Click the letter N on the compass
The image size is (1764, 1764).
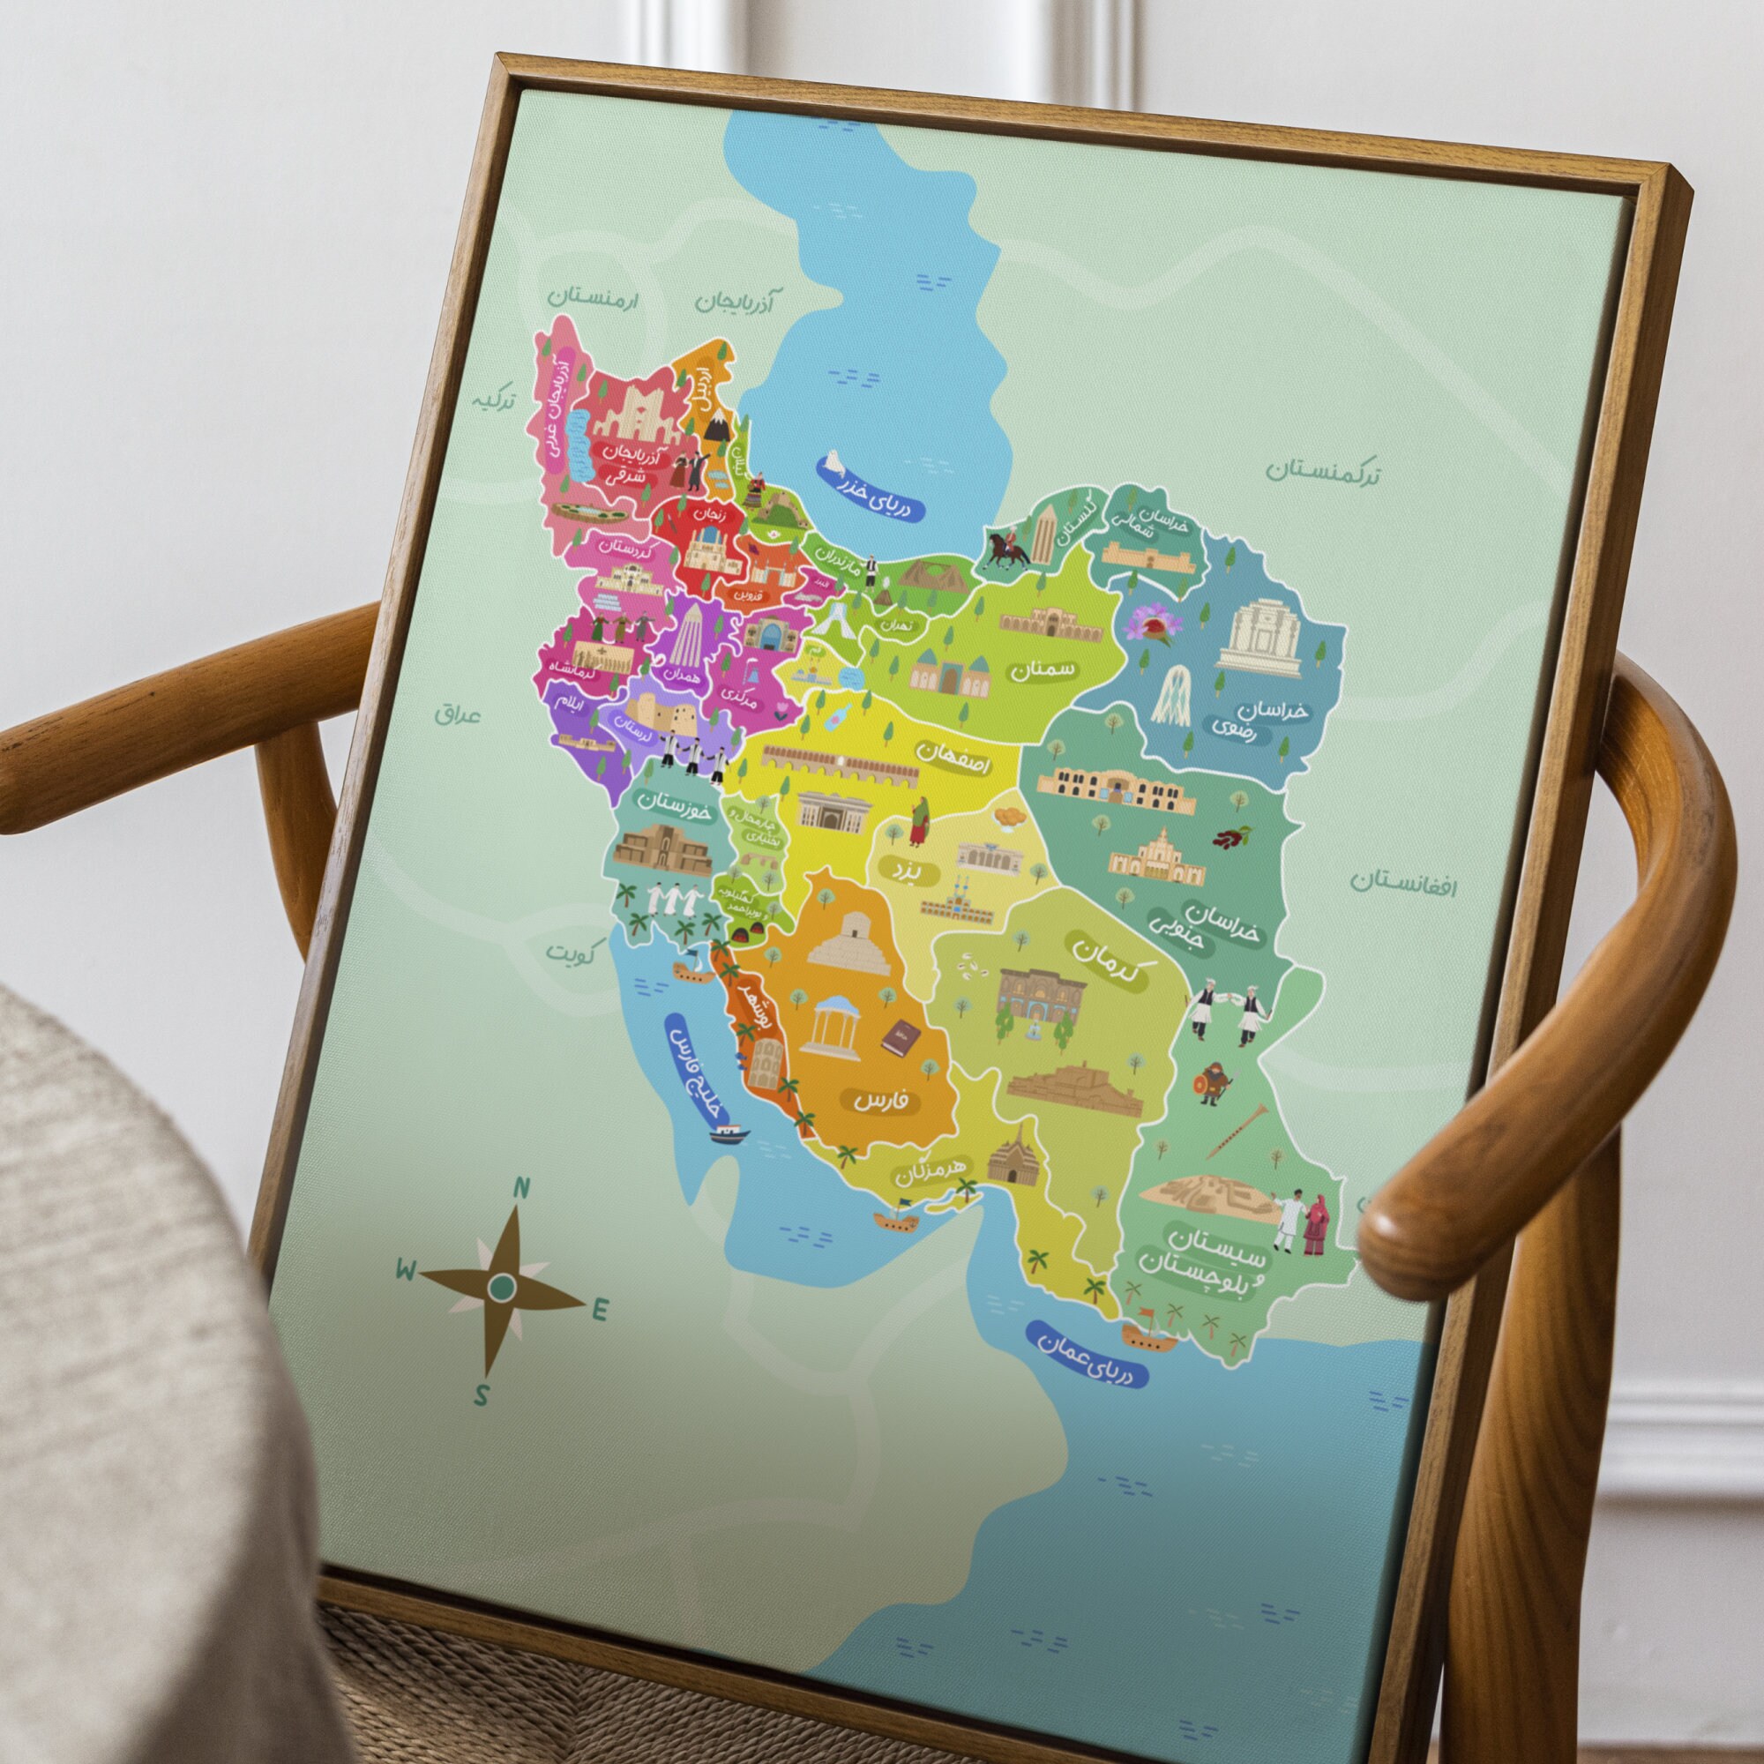point(522,1188)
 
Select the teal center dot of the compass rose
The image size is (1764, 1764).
point(501,1288)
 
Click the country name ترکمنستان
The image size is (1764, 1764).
point(1322,472)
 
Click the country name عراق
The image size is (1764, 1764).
point(458,713)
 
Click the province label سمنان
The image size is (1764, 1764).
point(1043,670)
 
